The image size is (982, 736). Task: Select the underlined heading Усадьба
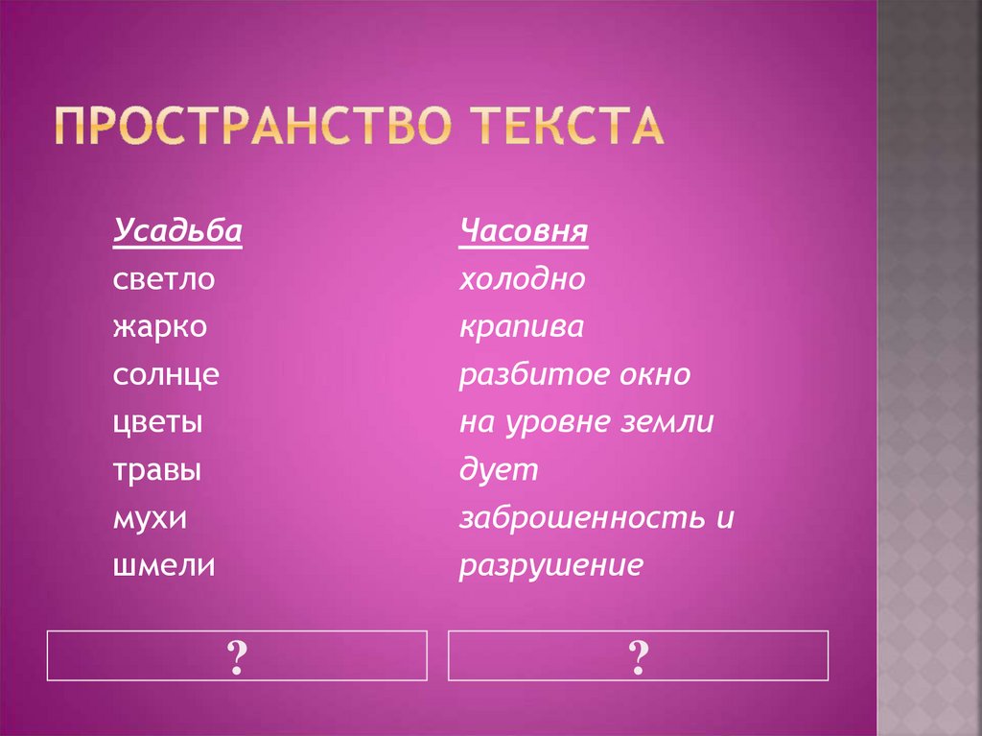point(177,233)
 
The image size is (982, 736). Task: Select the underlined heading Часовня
point(524,233)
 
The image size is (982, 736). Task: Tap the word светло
point(164,280)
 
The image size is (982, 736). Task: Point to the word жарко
point(159,327)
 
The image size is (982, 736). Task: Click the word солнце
point(165,375)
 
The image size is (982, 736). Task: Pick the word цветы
point(157,423)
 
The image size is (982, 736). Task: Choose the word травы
point(157,470)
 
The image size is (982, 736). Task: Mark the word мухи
point(150,518)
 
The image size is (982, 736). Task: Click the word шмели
point(163,566)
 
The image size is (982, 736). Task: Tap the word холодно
point(522,280)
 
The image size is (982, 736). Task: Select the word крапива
point(521,327)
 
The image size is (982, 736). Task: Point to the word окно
point(651,375)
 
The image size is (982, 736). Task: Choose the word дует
point(499,470)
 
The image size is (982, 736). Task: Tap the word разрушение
point(550,566)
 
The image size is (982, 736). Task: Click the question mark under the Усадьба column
point(237,656)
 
